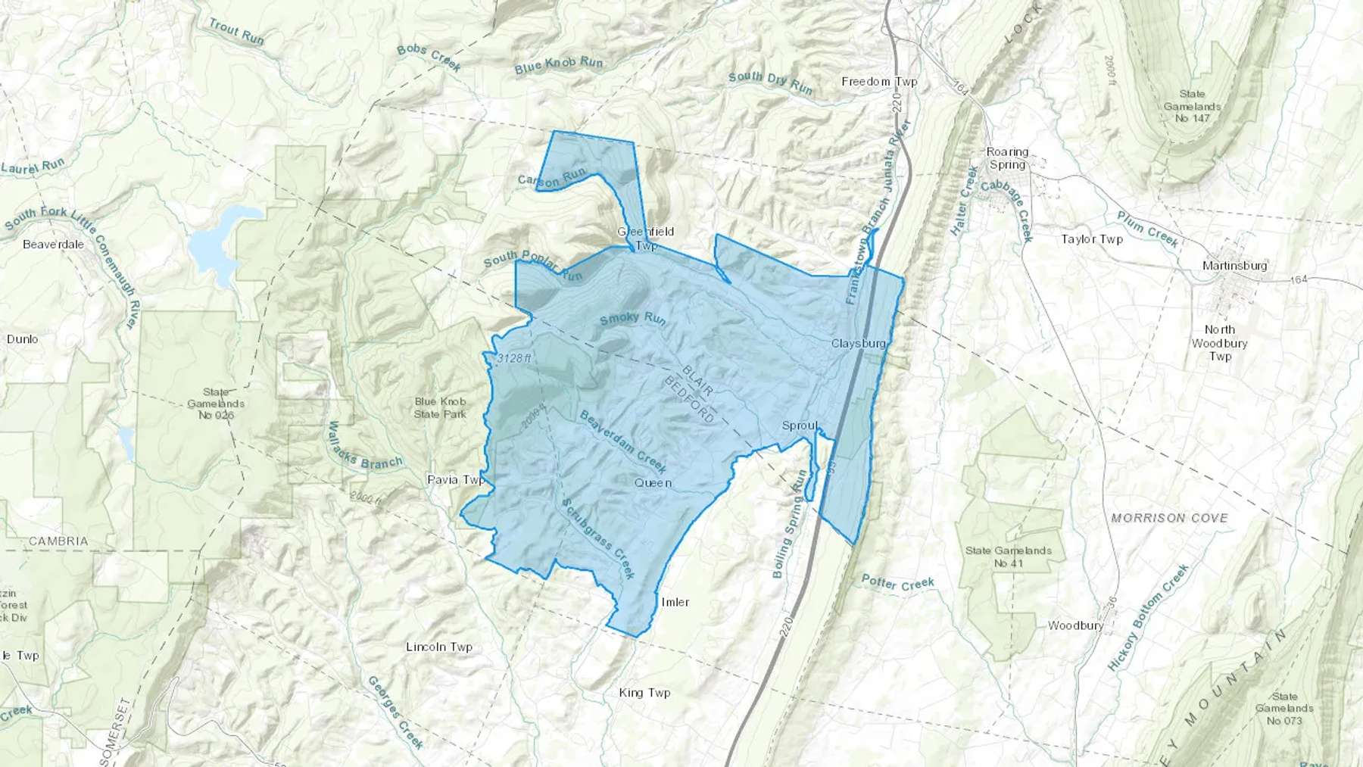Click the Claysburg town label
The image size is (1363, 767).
[x=858, y=344]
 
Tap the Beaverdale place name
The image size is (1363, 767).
[x=53, y=245]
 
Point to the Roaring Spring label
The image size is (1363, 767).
[x=1007, y=158]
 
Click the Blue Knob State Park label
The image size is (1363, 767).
[x=440, y=408]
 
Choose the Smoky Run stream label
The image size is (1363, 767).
[x=633, y=319]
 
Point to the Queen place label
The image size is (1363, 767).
[x=653, y=483]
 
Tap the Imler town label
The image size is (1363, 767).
[x=675, y=602]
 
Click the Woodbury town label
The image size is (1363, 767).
[x=1075, y=625]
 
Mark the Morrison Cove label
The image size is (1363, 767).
[x=1169, y=518]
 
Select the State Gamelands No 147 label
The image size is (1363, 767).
[x=1192, y=106]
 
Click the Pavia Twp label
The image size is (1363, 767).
[x=456, y=480]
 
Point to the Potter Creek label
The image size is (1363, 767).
[x=898, y=583]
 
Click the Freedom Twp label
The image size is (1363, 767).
[x=879, y=82]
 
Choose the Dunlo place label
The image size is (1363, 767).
[x=23, y=339]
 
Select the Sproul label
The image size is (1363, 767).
[x=800, y=426]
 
